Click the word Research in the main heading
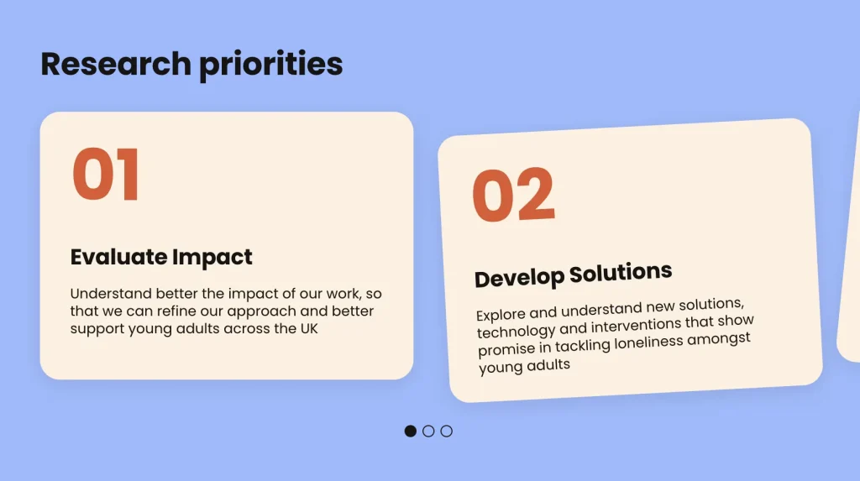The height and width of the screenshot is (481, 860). tap(116, 64)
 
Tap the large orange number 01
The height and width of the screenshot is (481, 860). tap(106, 175)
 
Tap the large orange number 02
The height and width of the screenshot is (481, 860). tap(513, 195)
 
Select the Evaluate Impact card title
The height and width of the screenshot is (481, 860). tap(161, 257)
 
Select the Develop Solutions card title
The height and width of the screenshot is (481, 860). tap(573, 274)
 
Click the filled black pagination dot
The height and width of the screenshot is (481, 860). tap(410, 431)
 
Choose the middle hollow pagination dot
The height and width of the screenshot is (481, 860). tap(428, 431)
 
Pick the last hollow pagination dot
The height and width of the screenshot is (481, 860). tap(447, 431)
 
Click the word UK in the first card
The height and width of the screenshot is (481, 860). tap(309, 328)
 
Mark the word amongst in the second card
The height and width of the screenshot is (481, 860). tap(719, 339)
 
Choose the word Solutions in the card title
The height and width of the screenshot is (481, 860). tap(621, 272)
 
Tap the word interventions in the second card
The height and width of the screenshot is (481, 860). tap(638, 326)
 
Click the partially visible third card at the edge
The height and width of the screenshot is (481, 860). tap(850, 236)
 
